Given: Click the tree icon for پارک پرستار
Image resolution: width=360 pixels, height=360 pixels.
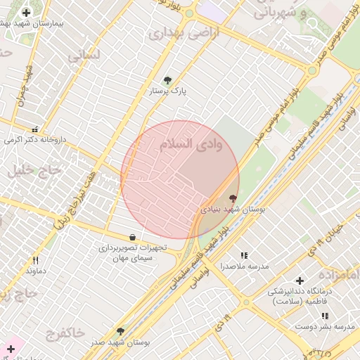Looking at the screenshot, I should point(167,80).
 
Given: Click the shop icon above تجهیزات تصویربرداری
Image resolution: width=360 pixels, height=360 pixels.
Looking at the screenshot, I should point(133,237).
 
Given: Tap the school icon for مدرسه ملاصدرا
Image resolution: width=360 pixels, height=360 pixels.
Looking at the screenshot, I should point(244,255).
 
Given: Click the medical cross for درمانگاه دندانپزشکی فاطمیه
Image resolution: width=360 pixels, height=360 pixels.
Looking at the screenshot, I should point(300,281).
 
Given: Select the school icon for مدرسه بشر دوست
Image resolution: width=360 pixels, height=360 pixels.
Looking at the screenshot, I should point(324,316).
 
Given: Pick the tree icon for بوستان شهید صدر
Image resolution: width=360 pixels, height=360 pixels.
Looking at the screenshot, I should point(120,330).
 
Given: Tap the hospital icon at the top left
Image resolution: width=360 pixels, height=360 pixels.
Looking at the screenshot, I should point(27,13).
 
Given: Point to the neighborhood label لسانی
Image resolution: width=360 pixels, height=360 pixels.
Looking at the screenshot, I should point(84,54).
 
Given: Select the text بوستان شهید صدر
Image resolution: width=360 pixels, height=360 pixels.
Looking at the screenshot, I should point(121,342).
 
